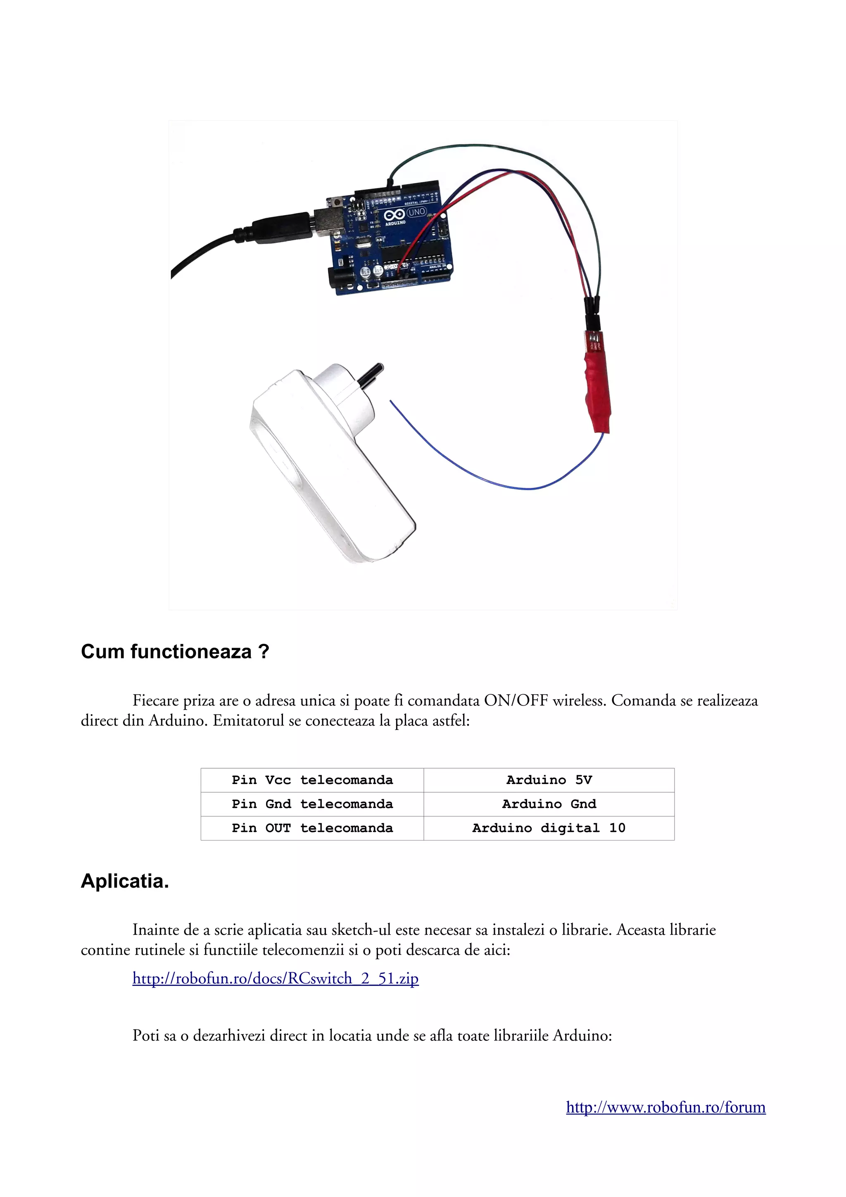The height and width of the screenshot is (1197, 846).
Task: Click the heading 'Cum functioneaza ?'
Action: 175,652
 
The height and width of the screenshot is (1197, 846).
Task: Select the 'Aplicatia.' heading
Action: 125,881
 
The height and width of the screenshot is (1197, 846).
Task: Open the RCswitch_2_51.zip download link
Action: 275,978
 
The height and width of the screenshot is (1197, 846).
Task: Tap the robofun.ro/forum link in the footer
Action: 665,1107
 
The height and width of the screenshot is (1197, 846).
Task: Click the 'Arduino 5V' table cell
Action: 549,780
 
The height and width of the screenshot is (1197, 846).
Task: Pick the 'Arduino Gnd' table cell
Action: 549,804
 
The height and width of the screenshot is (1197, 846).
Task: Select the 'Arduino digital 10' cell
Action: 549,828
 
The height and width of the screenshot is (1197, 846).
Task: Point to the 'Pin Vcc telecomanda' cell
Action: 312,780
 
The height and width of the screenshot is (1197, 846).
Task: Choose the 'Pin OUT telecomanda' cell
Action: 312,828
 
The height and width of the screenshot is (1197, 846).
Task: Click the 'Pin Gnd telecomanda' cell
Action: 312,804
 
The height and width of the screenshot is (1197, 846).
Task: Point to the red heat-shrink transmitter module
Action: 597,391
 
